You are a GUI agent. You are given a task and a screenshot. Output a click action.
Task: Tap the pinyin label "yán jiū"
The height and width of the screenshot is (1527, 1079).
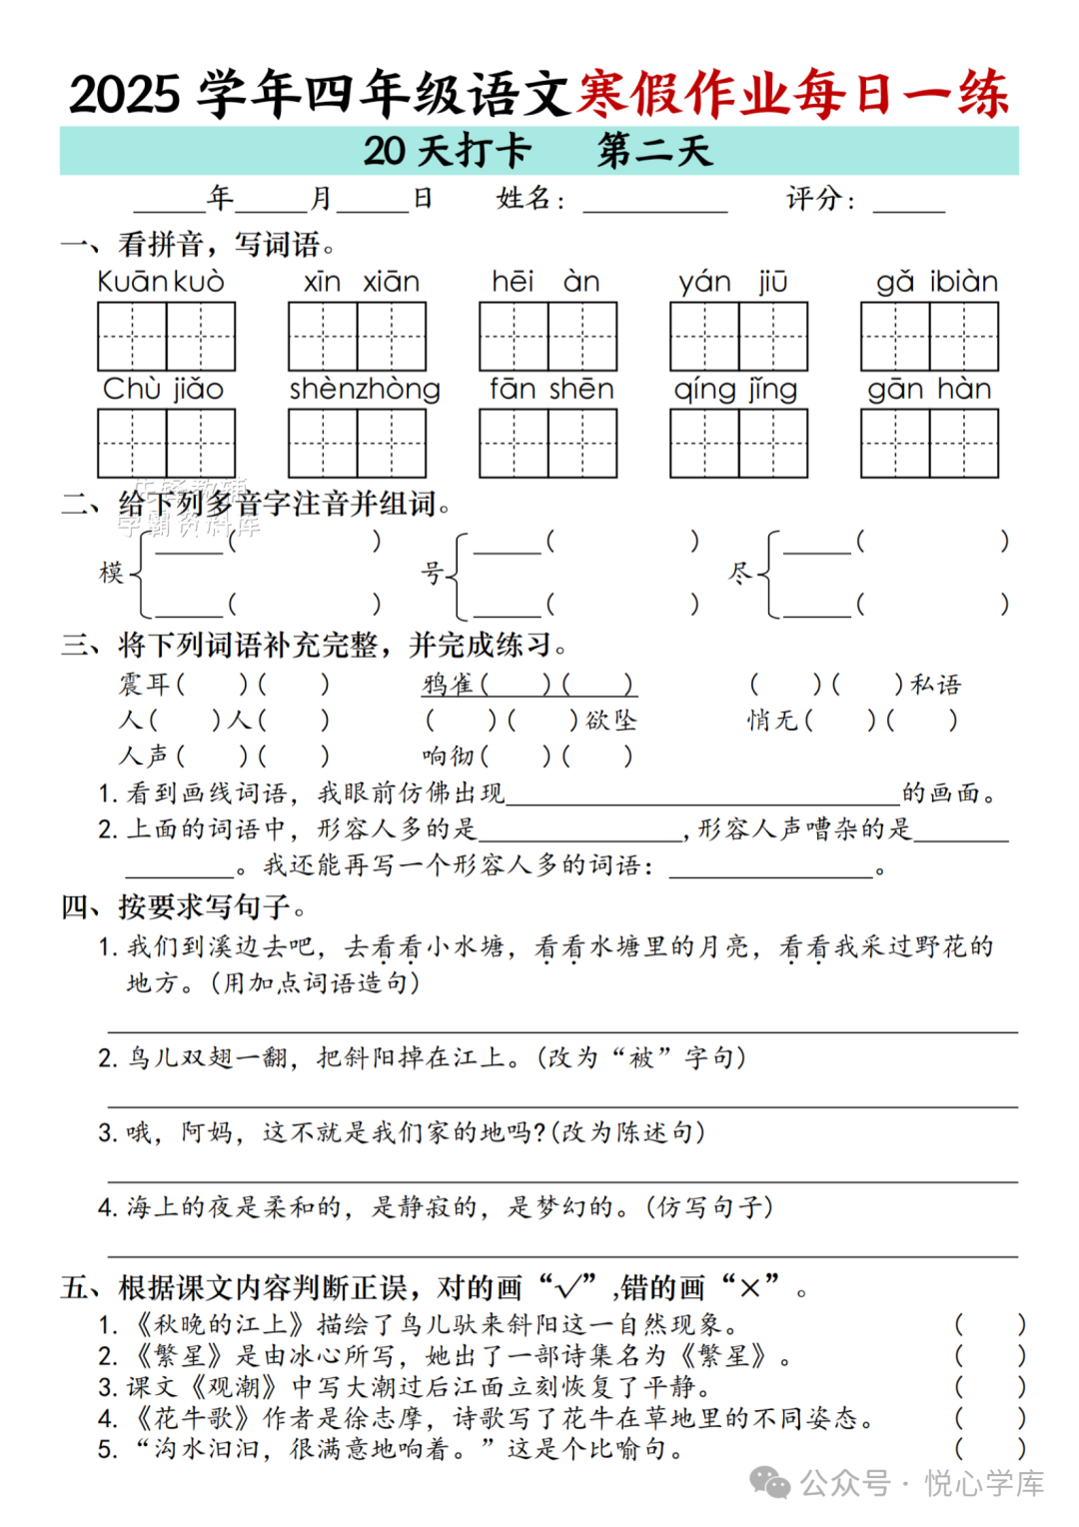pos(733,282)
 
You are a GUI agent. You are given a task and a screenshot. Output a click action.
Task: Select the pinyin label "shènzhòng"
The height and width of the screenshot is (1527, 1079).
pos(365,389)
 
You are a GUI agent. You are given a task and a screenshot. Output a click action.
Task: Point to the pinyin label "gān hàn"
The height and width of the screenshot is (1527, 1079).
pos(929,389)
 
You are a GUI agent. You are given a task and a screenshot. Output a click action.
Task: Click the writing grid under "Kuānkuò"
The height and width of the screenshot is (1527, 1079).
pos(167,337)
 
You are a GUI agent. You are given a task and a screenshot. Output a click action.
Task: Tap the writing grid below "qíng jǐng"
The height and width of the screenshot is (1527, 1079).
pos(738,443)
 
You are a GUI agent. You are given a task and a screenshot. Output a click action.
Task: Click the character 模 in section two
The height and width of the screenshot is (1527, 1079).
pos(111,573)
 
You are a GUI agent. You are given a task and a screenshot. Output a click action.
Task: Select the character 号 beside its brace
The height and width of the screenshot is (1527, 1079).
pos(432,573)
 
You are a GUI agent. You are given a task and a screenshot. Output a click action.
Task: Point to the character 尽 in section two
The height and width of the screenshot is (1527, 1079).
pos(739,573)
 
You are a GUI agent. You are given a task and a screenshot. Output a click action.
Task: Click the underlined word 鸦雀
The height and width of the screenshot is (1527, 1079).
pos(449,685)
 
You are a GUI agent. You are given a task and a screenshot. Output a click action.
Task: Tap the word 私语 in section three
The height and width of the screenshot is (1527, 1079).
pos(935,685)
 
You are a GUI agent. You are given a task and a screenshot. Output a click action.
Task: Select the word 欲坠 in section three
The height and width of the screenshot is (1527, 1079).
pos(610,721)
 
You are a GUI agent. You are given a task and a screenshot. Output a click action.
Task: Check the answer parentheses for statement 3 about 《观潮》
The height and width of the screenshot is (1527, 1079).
pos(989,1387)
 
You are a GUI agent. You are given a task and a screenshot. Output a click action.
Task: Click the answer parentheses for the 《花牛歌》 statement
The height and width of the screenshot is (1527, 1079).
pos(989,1418)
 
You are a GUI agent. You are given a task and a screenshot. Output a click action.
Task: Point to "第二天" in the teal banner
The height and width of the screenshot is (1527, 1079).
pos(654,151)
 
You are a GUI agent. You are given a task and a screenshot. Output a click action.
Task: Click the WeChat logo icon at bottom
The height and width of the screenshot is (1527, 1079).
pos(770,1483)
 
